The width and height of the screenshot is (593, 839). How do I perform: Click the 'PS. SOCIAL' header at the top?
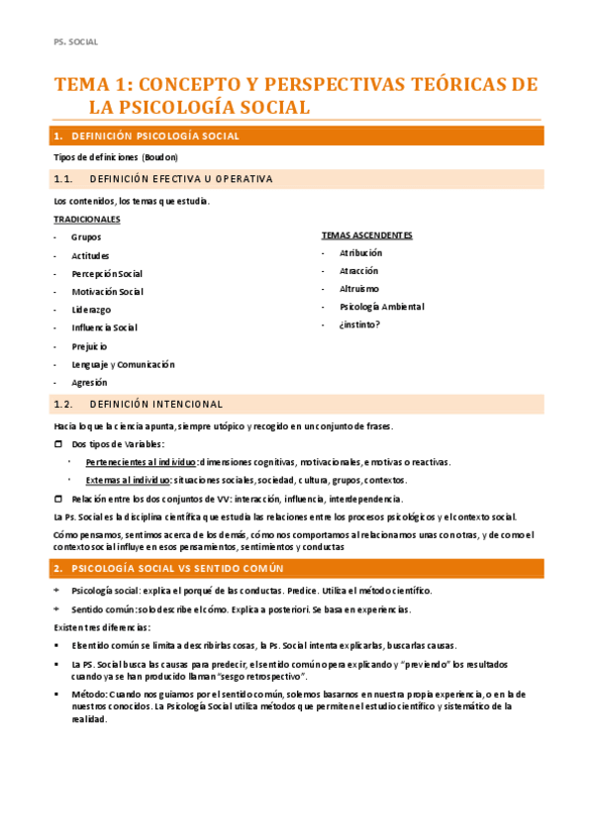coord(75,42)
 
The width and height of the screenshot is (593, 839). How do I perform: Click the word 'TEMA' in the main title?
coord(83,85)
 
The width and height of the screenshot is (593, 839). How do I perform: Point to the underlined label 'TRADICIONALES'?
coord(87,219)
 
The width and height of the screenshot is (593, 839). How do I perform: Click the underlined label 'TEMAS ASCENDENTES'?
coord(366,235)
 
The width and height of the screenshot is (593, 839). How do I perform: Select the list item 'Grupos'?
coord(86,237)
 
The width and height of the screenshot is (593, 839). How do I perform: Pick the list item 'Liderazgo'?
coord(91,310)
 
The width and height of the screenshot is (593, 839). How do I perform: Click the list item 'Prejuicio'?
coord(89,346)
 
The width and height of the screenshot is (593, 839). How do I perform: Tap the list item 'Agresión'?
coord(89,382)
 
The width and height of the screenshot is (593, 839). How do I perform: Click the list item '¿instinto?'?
coord(359,325)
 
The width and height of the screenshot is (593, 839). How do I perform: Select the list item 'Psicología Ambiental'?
coord(381,307)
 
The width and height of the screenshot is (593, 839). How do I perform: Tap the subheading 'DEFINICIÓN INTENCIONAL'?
coord(155,404)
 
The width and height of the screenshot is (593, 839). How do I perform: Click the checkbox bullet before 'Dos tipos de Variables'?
coord(57,444)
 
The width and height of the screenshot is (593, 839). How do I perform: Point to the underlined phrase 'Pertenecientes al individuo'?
coord(141,462)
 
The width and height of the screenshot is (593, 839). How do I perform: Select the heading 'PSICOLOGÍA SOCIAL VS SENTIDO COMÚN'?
coord(178,569)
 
